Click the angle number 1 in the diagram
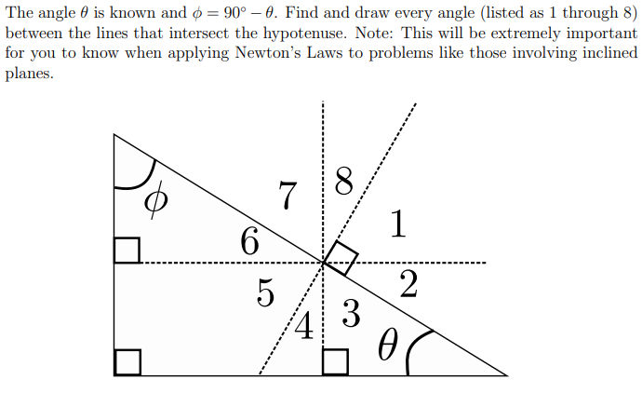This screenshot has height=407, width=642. tap(398, 224)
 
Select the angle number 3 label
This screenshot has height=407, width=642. tap(351, 313)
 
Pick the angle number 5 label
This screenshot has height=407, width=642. tap(266, 294)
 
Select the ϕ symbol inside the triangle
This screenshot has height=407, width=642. tap(156, 201)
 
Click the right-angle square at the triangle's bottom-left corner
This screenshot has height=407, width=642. tap(127, 361)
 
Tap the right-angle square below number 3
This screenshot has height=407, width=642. tap(336, 361)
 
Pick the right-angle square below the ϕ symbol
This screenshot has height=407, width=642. tap(127, 250)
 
